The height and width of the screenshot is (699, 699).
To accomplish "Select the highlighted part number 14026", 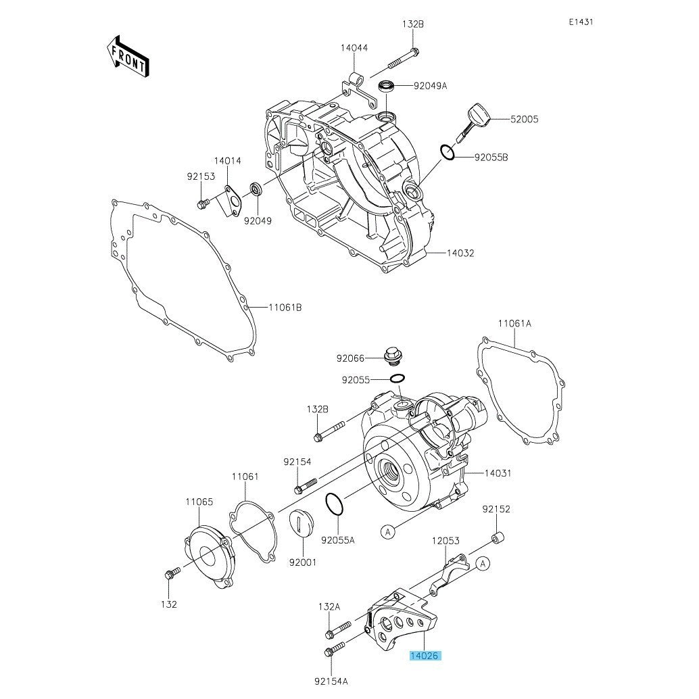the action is click(x=425, y=655).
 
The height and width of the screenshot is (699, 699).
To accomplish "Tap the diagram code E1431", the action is click(x=581, y=22).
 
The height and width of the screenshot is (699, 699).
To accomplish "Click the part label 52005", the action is click(x=525, y=119).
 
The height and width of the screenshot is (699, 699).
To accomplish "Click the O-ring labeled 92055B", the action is click(x=448, y=153).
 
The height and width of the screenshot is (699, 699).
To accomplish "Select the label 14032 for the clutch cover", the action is click(x=460, y=253).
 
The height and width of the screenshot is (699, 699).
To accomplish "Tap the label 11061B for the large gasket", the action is click(x=285, y=307).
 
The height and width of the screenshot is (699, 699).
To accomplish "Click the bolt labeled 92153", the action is click(x=202, y=205).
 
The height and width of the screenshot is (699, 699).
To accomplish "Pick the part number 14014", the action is click(x=227, y=160).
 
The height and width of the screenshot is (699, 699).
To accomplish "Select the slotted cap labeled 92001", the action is click(x=303, y=523).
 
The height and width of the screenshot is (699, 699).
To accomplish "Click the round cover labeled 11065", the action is click(x=209, y=558).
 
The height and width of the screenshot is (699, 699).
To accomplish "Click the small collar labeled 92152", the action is click(x=498, y=537).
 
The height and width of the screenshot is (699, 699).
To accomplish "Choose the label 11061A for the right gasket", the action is click(x=514, y=323).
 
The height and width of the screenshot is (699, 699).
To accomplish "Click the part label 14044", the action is click(x=354, y=48).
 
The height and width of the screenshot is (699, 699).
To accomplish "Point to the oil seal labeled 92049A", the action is click(x=386, y=86).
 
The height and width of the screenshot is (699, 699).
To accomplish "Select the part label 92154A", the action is click(x=331, y=681).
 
